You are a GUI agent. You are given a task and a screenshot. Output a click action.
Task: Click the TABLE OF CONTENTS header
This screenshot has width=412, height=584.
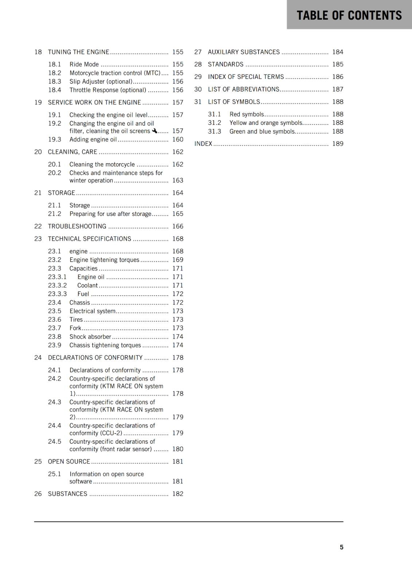(349, 15)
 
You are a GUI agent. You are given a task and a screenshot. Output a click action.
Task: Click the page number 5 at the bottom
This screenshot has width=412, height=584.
(341, 547)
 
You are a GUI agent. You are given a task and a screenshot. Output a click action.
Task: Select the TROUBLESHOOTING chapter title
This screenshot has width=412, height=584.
(77, 226)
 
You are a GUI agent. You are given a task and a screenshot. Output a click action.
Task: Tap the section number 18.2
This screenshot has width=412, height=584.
(54, 73)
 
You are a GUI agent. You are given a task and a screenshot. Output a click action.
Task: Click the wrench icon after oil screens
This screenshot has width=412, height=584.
(155, 131)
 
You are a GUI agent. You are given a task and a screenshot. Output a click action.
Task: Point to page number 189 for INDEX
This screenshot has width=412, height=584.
(338, 144)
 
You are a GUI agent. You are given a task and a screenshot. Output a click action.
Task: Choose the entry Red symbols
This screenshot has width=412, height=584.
(246, 114)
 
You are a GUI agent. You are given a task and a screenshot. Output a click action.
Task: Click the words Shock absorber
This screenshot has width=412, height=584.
(90, 337)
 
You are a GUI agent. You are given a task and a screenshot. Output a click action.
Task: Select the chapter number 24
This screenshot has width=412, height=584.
(38, 358)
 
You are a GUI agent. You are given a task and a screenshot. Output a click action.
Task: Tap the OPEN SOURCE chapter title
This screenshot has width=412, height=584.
(69, 461)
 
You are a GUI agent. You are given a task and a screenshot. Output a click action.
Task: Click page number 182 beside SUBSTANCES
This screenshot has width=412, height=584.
(178, 494)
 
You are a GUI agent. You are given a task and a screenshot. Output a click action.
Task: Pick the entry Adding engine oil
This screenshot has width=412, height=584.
(93, 139)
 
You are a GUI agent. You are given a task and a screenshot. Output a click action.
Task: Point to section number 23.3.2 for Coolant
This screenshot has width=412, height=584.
(57, 285)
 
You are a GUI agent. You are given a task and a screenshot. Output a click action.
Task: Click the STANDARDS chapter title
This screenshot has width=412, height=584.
(225, 64)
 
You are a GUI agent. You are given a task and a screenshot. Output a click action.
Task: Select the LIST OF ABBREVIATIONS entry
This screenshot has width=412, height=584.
(244, 89)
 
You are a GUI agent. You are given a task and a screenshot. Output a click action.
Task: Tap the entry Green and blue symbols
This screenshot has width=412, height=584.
(262, 131)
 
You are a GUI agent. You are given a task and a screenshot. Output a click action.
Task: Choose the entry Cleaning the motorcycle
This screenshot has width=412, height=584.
(102, 165)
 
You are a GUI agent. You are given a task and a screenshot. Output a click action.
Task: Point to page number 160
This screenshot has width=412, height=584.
(178, 139)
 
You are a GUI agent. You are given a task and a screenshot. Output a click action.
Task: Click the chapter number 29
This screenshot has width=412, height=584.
(198, 77)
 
